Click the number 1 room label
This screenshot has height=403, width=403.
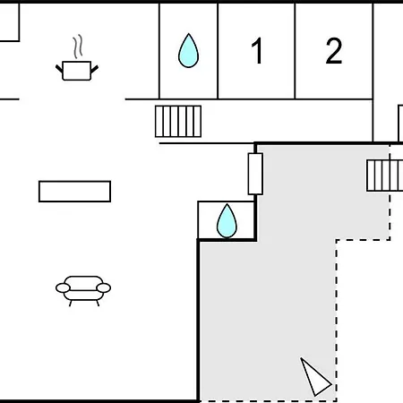[257, 51]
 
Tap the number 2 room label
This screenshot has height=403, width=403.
[334, 51]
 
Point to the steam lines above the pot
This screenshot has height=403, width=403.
[78, 47]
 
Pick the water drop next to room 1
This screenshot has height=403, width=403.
[188, 51]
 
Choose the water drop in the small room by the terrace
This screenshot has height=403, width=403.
[227, 221]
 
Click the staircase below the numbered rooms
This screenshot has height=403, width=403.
[178, 121]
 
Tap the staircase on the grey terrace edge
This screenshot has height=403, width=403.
[385, 176]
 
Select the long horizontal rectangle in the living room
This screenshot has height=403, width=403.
[74, 192]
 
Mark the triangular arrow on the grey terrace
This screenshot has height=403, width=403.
[314, 377]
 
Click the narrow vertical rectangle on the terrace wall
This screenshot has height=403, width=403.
[255, 174]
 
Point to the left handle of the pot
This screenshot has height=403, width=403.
[59, 69]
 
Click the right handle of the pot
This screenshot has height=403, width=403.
[94, 69]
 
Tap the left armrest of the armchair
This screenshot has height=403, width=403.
[63, 288]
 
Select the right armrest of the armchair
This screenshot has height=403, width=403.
[104, 288]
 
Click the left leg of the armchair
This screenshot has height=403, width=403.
[71, 304]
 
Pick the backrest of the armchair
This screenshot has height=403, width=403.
[83, 283]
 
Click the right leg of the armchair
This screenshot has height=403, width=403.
[98, 304]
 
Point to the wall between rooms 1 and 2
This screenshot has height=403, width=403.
[295, 51]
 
